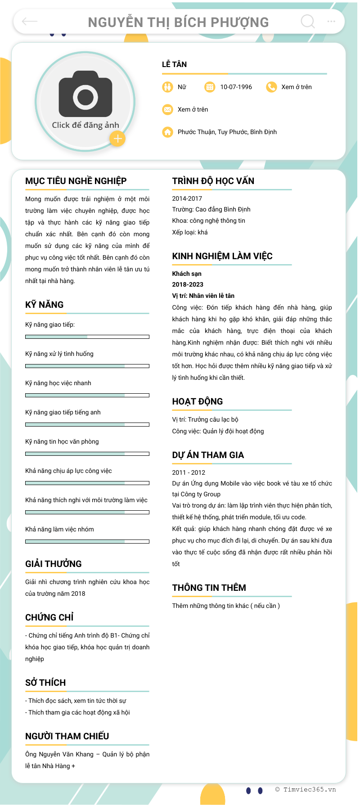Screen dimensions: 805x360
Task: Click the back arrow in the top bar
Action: point(30,21)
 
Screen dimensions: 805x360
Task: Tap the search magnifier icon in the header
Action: point(308,21)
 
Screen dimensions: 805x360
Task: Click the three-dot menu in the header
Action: point(331,21)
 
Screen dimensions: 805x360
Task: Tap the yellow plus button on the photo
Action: point(117,139)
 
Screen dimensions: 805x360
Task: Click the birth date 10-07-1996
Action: point(236,87)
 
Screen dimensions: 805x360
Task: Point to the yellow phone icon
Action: point(271,87)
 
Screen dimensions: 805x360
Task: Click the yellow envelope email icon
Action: point(167,109)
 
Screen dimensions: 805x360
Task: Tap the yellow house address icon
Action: point(167,132)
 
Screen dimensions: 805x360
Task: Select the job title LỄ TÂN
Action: point(174,64)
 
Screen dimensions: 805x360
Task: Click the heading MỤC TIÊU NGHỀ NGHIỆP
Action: point(76,181)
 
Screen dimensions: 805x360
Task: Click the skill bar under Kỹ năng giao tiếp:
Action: point(87,337)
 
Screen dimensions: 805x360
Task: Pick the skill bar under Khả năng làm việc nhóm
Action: point(87,541)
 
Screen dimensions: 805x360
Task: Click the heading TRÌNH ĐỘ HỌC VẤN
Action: point(213,181)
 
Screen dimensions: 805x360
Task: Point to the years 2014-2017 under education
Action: point(187,198)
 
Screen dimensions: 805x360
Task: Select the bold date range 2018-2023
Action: point(188,284)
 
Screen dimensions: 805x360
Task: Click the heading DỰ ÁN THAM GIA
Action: point(208,455)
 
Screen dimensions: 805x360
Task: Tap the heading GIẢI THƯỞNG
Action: point(53,564)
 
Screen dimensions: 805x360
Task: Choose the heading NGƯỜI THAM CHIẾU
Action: point(67,736)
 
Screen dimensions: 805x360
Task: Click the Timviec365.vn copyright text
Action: point(306,789)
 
